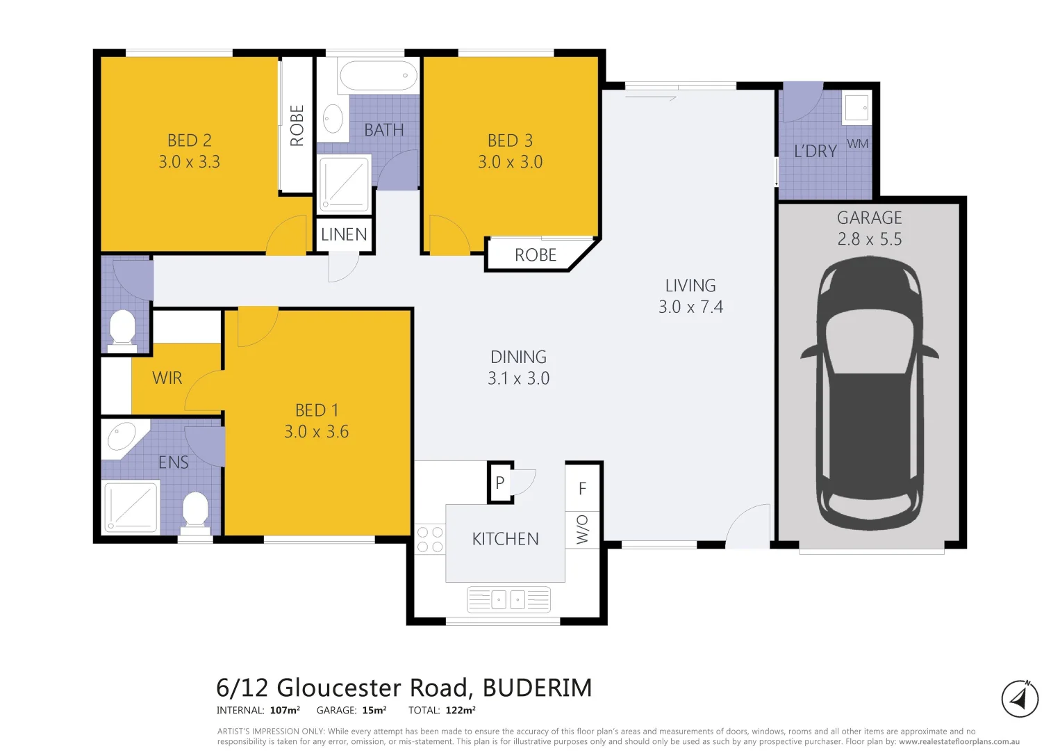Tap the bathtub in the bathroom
point(378,75)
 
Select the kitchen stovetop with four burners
point(429,540)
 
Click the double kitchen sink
point(508,599)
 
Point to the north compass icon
point(1019,698)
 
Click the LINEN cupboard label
point(344,235)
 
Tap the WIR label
point(167,378)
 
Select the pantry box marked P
point(499,483)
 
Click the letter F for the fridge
point(582,489)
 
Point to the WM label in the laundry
point(857,144)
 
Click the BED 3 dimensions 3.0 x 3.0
point(510,162)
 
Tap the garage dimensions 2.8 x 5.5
point(869,239)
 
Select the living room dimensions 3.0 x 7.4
point(690,307)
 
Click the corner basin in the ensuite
point(122,437)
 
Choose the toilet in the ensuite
point(195,511)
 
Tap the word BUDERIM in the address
point(537,688)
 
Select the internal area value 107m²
point(285,710)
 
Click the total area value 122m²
point(461,710)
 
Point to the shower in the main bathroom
point(344,184)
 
